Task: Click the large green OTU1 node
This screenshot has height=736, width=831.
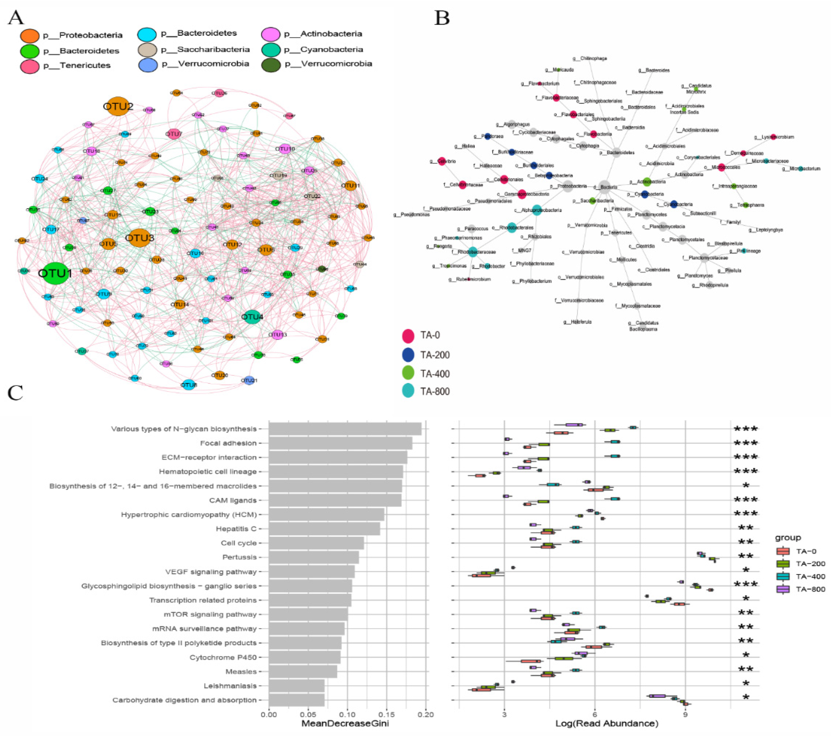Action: (55, 273)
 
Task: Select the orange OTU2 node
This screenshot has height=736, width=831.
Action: (118, 106)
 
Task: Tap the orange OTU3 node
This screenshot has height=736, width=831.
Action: (139, 238)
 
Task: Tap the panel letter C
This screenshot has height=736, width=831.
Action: (16, 394)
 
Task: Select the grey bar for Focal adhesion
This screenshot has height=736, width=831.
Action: (340, 443)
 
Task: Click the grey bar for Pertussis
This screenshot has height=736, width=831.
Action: (314, 557)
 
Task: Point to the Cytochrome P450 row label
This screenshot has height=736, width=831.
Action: (223, 657)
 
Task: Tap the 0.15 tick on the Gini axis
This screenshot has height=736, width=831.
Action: (387, 714)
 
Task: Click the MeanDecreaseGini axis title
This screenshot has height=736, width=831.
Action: (345, 724)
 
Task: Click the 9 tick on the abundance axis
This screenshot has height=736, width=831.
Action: (685, 714)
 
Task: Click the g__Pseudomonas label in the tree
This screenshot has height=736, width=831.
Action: (411, 214)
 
